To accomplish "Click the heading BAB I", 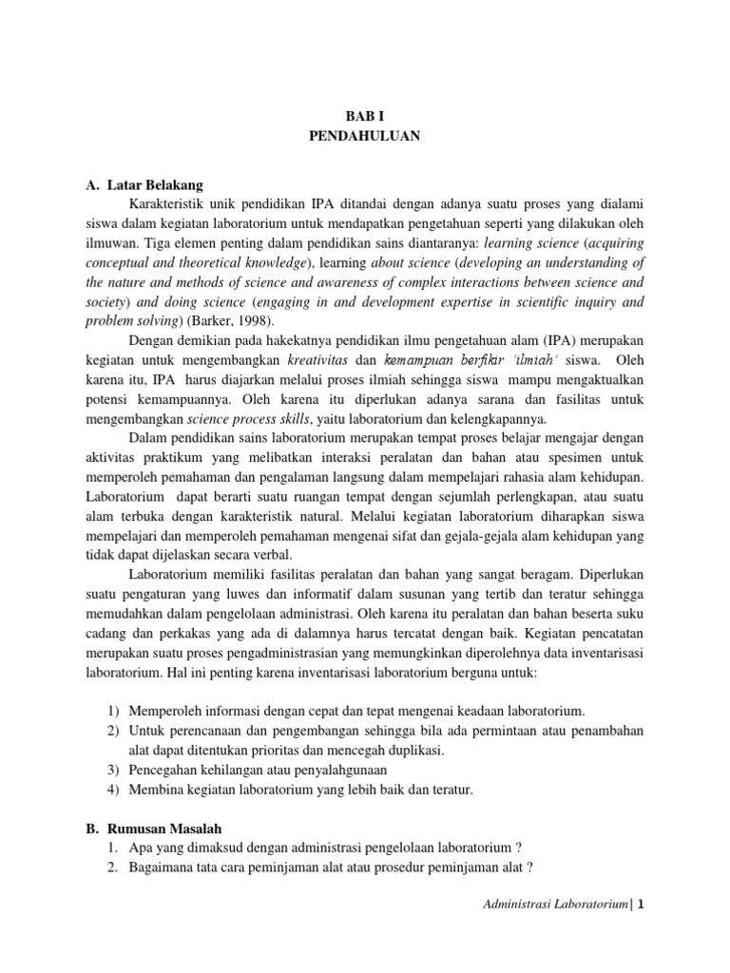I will (364, 116).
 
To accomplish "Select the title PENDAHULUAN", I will (364, 136).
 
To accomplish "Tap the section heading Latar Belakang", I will (155, 183).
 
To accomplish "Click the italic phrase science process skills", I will (242, 419).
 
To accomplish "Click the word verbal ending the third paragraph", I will (273, 555).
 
